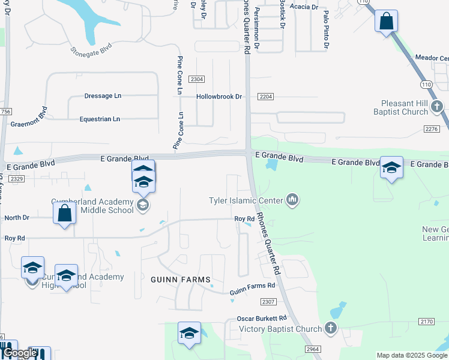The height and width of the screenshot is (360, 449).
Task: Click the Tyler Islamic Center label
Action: click(x=246, y=200)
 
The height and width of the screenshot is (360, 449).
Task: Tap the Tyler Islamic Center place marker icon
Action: click(x=292, y=199)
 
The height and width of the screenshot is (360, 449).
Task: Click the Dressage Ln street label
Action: click(x=103, y=96)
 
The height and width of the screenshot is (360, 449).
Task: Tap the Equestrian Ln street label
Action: click(x=100, y=119)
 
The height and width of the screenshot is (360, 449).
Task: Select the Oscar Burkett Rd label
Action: click(x=262, y=317)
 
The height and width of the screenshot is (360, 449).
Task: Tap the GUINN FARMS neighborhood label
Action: click(x=181, y=280)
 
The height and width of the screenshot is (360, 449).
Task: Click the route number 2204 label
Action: click(x=265, y=97)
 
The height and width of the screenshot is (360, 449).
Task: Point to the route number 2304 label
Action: click(x=196, y=79)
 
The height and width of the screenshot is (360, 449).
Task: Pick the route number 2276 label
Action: click(x=432, y=129)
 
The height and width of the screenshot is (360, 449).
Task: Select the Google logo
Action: click(x=19, y=353)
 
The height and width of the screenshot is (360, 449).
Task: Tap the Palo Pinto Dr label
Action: click(x=326, y=29)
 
